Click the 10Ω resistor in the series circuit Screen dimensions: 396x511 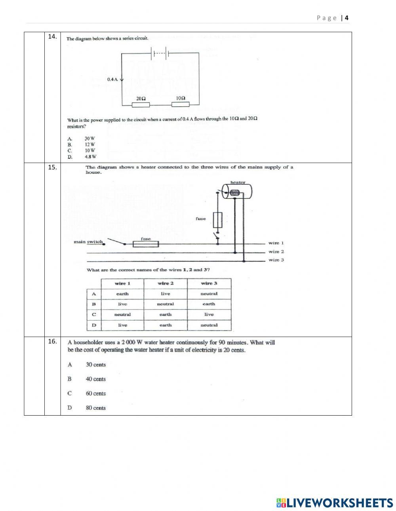click(180, 104)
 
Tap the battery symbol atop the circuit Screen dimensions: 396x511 click(160, 53)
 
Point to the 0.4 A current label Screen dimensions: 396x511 click(112, 80)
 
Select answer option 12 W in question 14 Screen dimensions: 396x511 click(90, 144)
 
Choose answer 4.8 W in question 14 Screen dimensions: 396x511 click(90, 156)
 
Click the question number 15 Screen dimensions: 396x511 click(52, 167)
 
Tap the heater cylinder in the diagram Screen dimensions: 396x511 click(237, 193)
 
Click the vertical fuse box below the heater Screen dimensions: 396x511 click(217, 220)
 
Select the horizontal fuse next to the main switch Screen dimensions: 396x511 click(146, 244)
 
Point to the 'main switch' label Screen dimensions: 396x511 click(88, 242)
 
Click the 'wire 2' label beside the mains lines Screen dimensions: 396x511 click(276, 252)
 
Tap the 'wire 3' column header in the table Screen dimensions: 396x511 click(209, 283)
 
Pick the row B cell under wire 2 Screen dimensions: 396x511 click(166, 304)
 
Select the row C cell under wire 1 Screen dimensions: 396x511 click(122, 314)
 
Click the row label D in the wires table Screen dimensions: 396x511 click(94, 325)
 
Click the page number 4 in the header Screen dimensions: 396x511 click(346, 18)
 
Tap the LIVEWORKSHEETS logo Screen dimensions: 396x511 click(335, 503)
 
